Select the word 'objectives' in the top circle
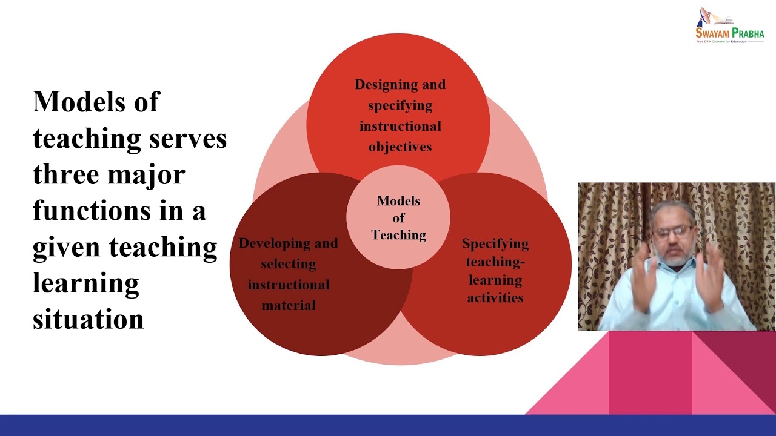(x=400, y=147)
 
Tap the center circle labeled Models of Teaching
(x=398, y=217)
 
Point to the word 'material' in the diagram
(x=289, y=305)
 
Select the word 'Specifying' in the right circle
(x=495, y=244)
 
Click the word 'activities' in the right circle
(x=495, y=297)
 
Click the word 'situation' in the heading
(x=88, y=319)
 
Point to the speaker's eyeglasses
(x=673, y=231)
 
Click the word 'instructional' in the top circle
(x=400, y=126)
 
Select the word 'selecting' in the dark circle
(x=289, y=264)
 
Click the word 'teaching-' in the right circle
(x=495, y=262)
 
